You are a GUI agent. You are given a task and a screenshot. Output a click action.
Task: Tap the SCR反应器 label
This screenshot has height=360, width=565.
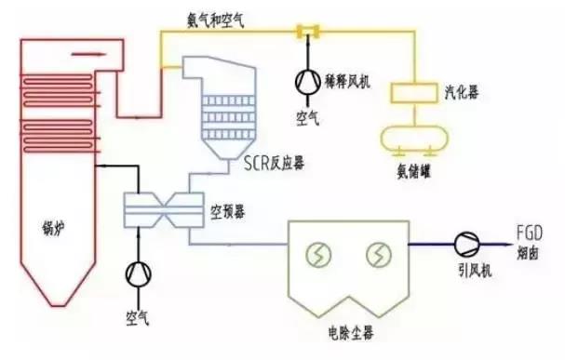point(273,165)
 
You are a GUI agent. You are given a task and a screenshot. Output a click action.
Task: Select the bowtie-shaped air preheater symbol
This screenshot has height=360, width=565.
point(159,211)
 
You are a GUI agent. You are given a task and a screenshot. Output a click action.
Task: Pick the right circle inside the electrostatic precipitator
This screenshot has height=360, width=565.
point(379,254)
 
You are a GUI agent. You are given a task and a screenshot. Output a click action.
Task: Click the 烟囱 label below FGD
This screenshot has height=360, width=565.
point(528,252)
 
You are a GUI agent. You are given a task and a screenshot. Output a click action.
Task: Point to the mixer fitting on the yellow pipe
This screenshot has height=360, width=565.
point(303,32)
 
